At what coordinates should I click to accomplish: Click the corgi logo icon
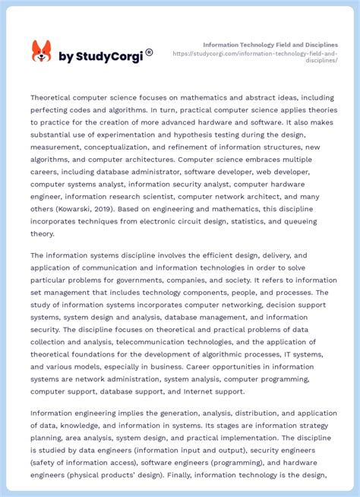41,52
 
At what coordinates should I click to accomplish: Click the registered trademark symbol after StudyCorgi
149,52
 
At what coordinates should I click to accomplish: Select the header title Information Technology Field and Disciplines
270,44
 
